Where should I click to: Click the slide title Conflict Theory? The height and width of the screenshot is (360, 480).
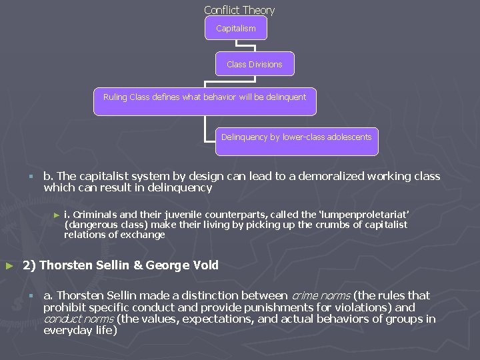point(239,10)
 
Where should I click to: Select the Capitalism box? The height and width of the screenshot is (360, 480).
point(236,29)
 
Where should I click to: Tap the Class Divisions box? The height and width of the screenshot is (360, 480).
point(255,64)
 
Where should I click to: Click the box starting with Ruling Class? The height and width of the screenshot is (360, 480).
point(205,101)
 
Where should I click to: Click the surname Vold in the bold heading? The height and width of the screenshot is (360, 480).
point(205,265)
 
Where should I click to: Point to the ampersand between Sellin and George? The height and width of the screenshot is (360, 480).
point(138,265)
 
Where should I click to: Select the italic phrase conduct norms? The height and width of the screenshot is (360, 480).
point(79,319)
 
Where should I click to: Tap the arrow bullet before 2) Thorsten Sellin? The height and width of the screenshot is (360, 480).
point(9,266)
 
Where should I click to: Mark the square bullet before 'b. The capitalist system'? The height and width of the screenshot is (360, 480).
point(31,177)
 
